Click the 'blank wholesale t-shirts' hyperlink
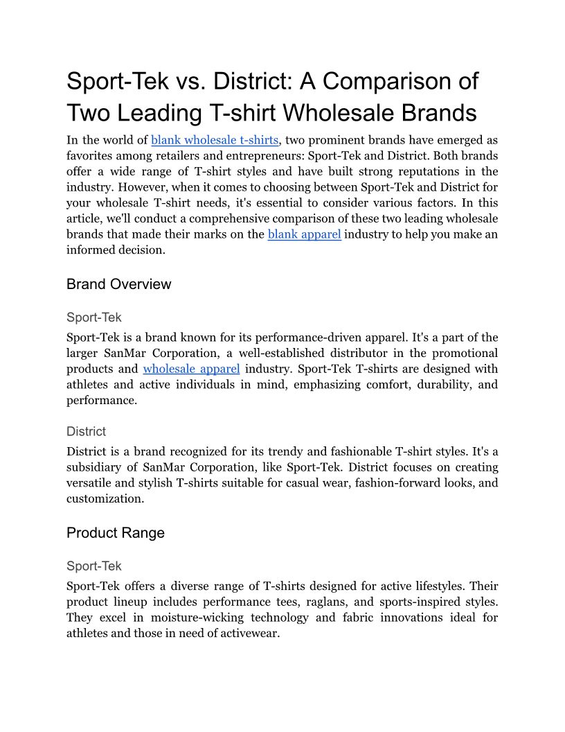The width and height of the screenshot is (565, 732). click(x=215, y=140)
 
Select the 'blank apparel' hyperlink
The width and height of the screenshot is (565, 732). click(x=304, y=234)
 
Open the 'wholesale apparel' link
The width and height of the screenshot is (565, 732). click(x=191, y=369)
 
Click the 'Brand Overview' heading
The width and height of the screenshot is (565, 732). click(x=118, y=284)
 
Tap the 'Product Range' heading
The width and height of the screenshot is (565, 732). click(x=116, y=532)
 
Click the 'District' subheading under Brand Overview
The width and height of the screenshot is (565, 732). click(x=86, y=431)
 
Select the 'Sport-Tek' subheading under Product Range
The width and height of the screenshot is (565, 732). click(x=93, y=566)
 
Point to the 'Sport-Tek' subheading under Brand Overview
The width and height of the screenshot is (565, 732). click(x=93, y=317)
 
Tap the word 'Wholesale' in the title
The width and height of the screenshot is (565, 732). click(x=347, y=113)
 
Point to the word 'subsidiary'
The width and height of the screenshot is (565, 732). click(x=97, y=467)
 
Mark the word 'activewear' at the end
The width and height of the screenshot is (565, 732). click(x=247, y=633)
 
